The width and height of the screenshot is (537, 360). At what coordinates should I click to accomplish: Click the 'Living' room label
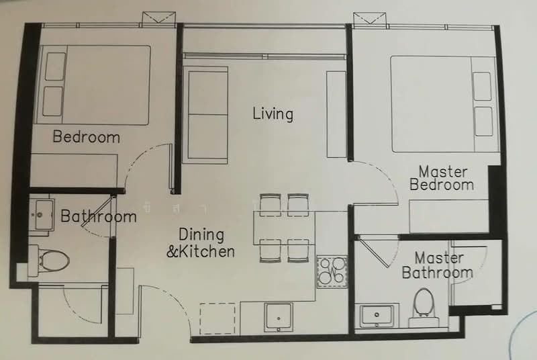(x=273, y=114)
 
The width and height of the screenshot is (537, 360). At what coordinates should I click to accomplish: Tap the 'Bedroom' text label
(x=86, y=137)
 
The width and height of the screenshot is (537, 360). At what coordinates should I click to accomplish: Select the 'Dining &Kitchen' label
(x=201, y=243)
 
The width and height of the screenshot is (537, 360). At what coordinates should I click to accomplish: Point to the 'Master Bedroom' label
(x=442, y=178)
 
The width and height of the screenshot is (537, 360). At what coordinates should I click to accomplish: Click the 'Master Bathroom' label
(x=437, y=265)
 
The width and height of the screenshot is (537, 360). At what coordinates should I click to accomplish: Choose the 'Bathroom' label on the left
(x=98, y=216)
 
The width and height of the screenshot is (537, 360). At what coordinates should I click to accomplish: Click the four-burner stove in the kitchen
(x=332, y=271)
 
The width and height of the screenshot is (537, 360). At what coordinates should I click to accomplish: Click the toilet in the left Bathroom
(x=51, y=258)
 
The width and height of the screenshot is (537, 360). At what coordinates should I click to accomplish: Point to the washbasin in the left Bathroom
(x=41, y=214)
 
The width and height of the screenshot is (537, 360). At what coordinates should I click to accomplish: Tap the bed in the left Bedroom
(x=96, y=85)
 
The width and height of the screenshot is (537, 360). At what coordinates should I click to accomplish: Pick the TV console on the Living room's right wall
(x=336, y=114)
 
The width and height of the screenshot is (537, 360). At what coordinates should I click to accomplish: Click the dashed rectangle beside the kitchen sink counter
(x=218, y=318)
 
